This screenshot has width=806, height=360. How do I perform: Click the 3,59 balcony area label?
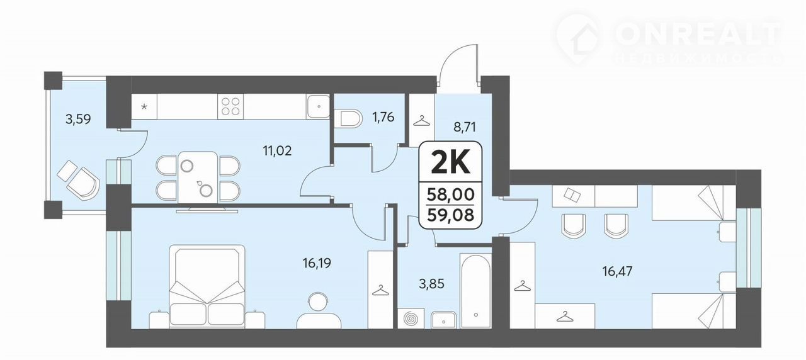(x=78, y=119)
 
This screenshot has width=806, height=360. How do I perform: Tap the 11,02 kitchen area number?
(x=277, y=150)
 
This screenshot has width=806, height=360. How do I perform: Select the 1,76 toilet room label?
(x=383, y=117)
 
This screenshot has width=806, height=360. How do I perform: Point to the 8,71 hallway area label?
(x=465, y=127)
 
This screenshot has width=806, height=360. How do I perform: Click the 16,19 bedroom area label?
(x=317, y=263)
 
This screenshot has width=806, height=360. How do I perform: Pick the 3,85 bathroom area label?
(x=431, y=284)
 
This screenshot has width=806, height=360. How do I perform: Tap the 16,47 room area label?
(x=617, y=271)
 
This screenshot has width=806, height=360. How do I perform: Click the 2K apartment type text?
(x=450, y=163)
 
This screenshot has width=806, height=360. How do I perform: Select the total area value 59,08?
(x=450, y=215)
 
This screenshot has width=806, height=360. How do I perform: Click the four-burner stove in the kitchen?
(x=230, y=106)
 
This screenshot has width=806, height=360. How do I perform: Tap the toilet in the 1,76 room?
(x=348, y=118)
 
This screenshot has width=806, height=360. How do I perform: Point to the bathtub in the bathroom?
(x=475, y=290)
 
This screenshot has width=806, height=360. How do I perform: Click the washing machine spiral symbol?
(x=411, y=318)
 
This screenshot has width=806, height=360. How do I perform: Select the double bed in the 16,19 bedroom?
(x=207, y=286)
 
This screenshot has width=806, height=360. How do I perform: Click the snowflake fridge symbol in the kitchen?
(x=144, y=106)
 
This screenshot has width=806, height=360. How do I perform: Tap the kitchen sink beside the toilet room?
(x=318, y=106)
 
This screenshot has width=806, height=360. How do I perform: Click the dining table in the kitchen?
(x=198, y=177)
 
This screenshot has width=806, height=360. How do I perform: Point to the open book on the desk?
(x=572, y=195)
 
